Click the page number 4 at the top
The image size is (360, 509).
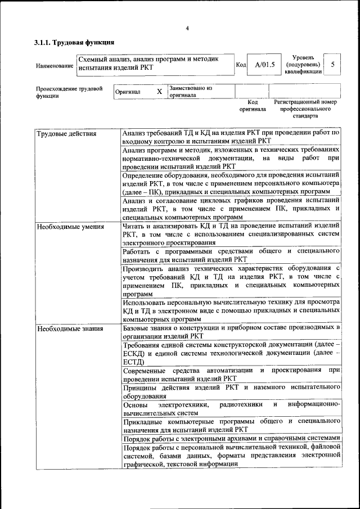click(187, 29)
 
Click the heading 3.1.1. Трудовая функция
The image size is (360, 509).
click(74, 42)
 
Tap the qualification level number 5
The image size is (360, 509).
click(333, 65)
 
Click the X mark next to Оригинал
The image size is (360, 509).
click(159, 92)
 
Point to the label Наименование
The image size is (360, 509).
click(55, 66)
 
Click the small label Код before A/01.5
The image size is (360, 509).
click(241, 65)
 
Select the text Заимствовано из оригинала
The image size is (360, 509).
click(191, 92)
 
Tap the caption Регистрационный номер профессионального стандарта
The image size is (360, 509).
click(305, 109)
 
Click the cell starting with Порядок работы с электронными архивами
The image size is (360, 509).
click(231, 438)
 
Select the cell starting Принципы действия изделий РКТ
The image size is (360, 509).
click(231, 391)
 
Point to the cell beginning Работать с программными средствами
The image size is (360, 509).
click(231, 254)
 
